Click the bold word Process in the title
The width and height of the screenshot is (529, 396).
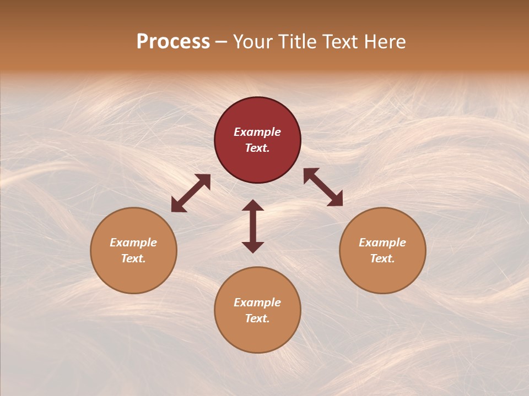click(173, 42)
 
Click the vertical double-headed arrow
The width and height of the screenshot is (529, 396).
click(253, 226)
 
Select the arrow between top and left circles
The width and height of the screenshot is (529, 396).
click(191, 193)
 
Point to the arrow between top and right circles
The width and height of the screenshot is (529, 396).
click(323, 187)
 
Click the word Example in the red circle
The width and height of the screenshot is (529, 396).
click(257, 132)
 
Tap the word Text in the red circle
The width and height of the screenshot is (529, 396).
click(257, 148)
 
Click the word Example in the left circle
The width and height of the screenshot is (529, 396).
click(133, 243)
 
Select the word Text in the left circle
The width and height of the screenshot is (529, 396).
click(133, 258)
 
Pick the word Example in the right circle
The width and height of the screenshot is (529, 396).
click(382, 243)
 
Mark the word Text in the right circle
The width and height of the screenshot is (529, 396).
click(382, 258)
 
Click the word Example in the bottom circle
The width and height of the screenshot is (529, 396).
click(257, 302)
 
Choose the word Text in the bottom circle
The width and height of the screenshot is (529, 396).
click(257, 318)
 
